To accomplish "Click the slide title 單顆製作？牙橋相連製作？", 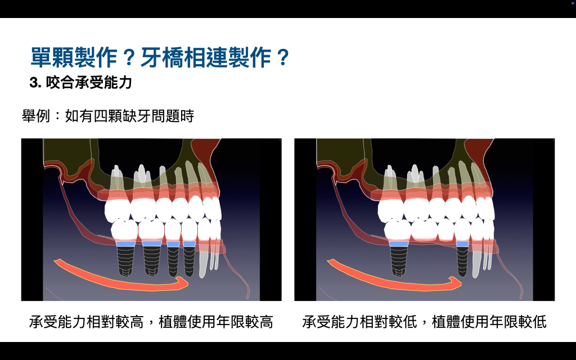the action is coord(160,57).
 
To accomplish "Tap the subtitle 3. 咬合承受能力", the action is coord(80,83).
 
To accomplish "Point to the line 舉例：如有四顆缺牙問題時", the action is coord(107,116).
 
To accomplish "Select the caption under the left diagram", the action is coord(151,322).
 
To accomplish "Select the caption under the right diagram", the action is coord(424,322).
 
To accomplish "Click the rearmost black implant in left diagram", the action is coord(125,261).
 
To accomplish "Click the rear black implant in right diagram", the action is coord(399,261).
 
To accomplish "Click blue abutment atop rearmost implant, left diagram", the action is coord(125,244).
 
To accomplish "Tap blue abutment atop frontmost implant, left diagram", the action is coord(190,244).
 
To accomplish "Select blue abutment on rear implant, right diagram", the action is coord(399,244).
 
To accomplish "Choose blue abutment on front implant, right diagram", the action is coord(462,244).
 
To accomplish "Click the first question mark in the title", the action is coord(129,58).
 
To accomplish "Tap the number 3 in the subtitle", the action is coord(33,83).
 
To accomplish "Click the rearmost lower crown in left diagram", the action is coord(124,229).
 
